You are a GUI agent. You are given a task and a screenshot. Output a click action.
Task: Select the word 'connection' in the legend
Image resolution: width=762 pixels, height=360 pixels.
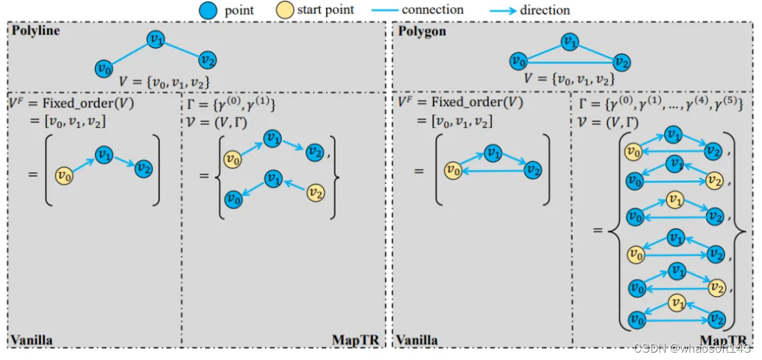(x=433, y=10)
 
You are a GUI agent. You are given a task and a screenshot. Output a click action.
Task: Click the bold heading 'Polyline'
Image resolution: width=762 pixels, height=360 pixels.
(x=35, y=32)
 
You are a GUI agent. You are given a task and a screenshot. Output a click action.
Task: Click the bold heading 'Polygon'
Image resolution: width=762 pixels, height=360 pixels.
(x=423, y=32)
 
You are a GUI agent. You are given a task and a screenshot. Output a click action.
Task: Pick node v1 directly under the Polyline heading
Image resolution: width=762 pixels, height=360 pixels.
(x=154, y=40)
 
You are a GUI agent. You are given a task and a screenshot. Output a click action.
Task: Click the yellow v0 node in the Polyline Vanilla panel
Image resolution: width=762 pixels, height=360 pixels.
(x=64, y=175)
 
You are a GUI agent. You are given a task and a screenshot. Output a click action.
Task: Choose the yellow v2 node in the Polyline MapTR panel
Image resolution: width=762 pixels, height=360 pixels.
(x=315, y=193)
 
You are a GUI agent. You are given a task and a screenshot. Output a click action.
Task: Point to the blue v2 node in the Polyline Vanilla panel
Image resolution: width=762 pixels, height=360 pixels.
(x=144, y=167)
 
